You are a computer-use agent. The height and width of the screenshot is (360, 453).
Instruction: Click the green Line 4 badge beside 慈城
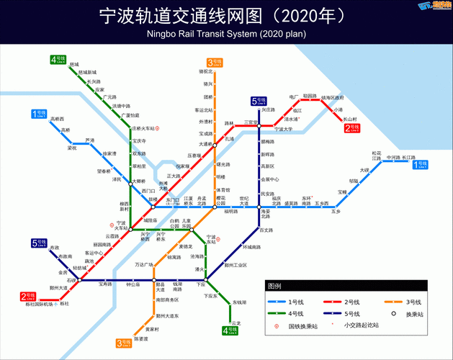(x=58, y=59)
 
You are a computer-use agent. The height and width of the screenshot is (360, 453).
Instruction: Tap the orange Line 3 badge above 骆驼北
(x=215, y=62)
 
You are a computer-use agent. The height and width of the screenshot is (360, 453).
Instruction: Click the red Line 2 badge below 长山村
(x=352, y=128)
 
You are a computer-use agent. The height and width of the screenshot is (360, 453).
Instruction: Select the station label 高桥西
(x=58, y=119)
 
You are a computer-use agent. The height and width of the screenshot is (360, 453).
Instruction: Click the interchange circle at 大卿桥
(x=130, y=181)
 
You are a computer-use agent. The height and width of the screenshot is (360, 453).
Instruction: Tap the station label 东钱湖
(x=240, y=302)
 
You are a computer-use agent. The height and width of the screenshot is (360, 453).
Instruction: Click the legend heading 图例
(x=275, y=286)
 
